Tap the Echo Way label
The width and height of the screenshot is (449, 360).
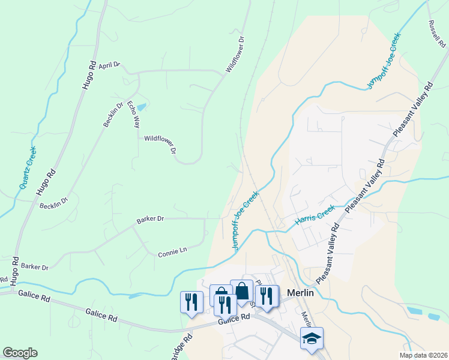pos(133,114)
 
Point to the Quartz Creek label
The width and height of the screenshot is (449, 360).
pos(28,167)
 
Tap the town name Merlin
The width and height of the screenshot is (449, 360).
pos(301,293)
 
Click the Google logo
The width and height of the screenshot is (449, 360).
pos(20,352)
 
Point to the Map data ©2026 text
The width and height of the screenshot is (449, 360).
pos(423,355)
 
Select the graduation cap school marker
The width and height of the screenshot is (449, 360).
pos(312,339)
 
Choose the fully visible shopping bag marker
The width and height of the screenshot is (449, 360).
pos(241,291)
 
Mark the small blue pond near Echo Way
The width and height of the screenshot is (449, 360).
pos(141,107)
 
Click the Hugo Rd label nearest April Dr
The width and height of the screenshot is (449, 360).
pos(89,76)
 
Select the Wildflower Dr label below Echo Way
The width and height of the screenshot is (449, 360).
pos(160,145)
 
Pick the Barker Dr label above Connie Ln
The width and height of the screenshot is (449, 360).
pos(150,219)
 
